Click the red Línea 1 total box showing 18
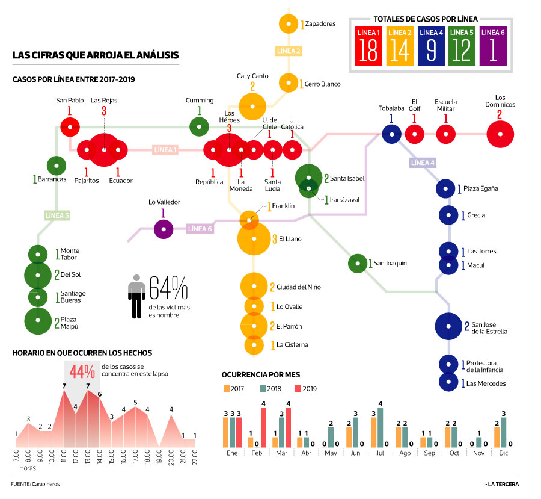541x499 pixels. tap(368, 45)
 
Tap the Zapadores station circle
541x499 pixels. tap(289, 24)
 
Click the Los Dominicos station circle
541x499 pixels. tap(500, 134)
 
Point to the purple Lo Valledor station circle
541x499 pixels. tap(164, 229)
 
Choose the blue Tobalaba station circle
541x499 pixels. tap(391, 134)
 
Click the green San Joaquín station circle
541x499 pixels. tap(357, 263)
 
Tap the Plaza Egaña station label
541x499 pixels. tap(480, 188)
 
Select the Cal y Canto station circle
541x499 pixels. tap(252, 106)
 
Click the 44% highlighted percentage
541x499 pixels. tap(82, 371)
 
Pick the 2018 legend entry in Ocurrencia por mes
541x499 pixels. tap(272, 388)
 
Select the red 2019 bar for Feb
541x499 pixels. tap(263, 427)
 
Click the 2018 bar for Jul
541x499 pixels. tap(380, 427)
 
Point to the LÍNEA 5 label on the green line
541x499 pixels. tap(57, 215)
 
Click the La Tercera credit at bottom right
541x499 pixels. tap(503, 484)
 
